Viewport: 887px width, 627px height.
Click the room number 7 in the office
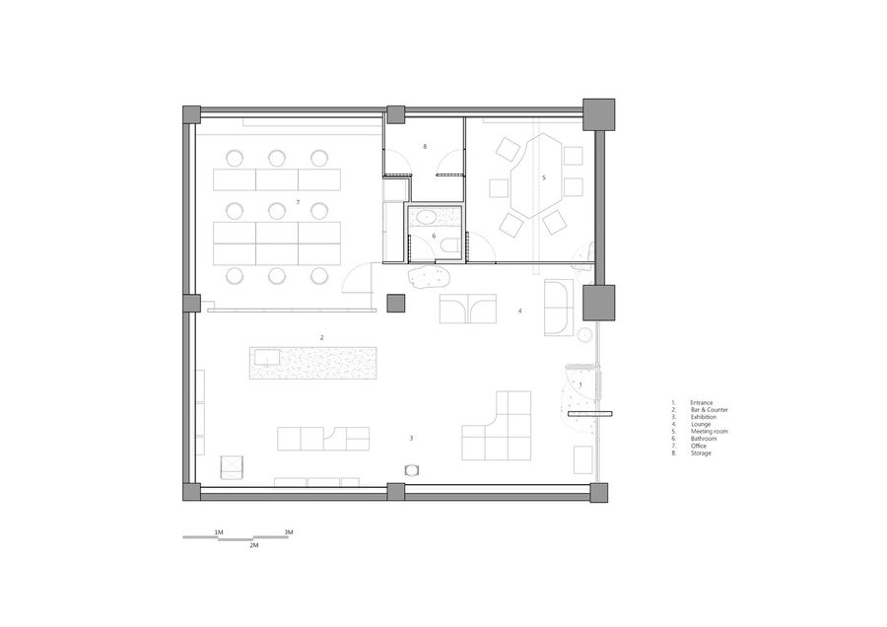[298, 202]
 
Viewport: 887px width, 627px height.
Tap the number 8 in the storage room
[425, 147]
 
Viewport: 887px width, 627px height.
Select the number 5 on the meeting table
[544, 177]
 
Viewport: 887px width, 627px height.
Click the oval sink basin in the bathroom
[423, 217]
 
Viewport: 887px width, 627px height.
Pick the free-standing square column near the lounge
[396, 304]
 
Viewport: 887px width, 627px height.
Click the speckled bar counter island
[312, 363]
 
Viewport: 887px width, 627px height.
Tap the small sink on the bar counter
[265, 357]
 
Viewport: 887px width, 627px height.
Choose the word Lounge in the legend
[701, 425]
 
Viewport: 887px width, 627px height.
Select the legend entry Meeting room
[710, 431]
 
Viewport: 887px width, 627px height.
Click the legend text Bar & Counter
[710, 410]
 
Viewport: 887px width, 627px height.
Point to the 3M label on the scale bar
[289, 532]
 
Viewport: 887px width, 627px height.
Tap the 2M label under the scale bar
[254, 545]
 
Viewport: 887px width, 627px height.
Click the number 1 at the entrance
[580, 384]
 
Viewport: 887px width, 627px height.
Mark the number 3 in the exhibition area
[411, 438]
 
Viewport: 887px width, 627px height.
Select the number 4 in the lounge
[519, 311]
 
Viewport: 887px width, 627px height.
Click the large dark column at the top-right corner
[598, 114]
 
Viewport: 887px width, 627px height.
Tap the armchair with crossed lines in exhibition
[232, 467]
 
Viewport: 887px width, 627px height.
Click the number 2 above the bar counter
[322, 338]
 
